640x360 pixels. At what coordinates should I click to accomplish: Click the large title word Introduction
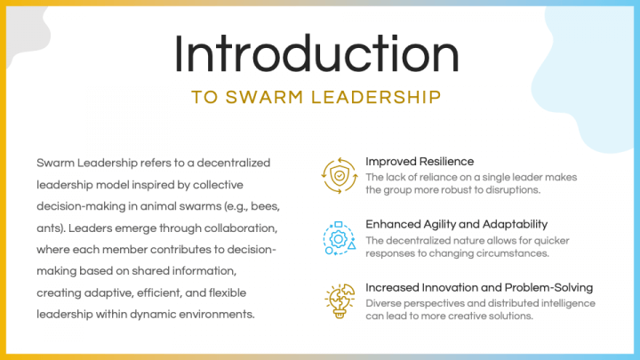pos(317,54)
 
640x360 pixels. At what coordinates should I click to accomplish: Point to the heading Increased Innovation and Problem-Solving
pos(479,288)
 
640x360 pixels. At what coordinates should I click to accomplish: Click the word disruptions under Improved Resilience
pos(535,190)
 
